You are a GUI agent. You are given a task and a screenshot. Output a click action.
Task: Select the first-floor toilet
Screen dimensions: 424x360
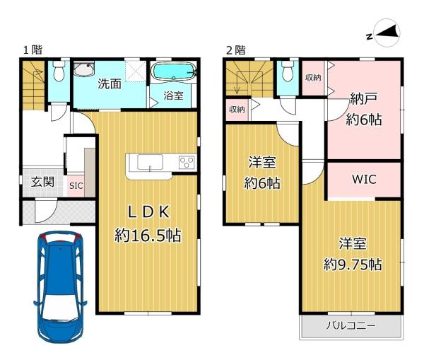point(59,71)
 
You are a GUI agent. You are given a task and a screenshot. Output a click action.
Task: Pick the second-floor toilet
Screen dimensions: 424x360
point(287,71)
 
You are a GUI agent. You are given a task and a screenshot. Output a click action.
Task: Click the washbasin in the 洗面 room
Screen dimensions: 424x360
point(84,69)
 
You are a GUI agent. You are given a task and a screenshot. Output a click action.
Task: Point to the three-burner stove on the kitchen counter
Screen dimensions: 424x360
point(187,163)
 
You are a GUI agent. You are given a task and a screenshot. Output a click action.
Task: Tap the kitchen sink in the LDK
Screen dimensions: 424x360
point(150,162)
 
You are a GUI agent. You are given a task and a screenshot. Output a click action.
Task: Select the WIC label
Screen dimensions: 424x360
point(364,180)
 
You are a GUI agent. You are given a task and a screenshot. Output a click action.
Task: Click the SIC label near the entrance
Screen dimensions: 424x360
point(76,186)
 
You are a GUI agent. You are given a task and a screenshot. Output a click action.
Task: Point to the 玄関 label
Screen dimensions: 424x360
point(42,182)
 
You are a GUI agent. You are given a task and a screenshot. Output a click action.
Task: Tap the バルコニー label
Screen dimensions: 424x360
point(351,325)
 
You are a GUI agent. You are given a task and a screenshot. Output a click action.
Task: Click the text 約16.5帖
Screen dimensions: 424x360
point(148,236)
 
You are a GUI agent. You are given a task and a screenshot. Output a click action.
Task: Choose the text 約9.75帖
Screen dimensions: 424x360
point(353,265)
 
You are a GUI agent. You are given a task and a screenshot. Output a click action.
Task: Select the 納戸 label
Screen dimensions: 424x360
point(364,98)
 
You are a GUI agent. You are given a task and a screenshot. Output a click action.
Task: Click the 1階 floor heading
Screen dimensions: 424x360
point(33,50)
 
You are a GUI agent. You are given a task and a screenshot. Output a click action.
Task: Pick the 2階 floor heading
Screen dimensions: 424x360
point(236,50)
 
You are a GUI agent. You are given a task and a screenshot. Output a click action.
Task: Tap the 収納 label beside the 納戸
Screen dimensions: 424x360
point(313,78)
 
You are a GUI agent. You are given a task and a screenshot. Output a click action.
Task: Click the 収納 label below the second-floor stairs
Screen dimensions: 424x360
point(237,110)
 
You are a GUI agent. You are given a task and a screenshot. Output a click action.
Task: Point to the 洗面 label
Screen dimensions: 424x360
point(110,84)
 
